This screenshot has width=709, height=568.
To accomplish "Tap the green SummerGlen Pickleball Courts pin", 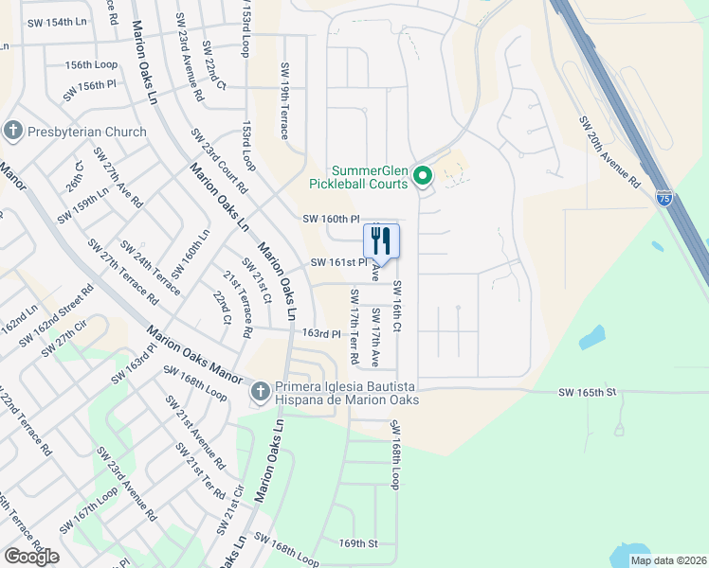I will point(424,175).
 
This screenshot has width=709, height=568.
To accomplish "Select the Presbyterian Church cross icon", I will point(13,132).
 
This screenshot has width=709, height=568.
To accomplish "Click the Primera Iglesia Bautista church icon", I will point(259,391).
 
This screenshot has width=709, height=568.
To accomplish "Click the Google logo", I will point(31,556).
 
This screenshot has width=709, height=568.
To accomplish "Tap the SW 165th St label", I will point(587,391).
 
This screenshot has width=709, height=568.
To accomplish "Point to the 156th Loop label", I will point(91,64).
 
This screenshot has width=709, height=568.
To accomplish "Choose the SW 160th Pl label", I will point(332,219).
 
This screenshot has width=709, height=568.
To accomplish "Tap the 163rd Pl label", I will point(320,333).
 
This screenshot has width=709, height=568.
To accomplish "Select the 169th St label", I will point(358,543).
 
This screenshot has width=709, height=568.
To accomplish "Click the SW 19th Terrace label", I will point(283,101).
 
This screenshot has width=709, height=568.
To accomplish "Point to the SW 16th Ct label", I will point(397,307).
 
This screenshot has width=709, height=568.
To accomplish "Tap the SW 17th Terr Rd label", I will point(354,327).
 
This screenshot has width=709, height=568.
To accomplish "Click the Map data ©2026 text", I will point(668,560).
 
